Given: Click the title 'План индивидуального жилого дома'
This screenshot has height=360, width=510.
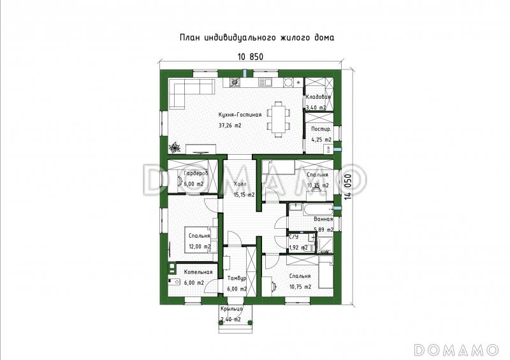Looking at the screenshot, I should [257, 38].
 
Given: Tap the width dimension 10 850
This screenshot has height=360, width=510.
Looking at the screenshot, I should [250, 56].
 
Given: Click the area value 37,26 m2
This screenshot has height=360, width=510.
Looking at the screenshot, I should [229, 126].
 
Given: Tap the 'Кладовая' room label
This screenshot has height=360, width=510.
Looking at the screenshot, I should [317, 97].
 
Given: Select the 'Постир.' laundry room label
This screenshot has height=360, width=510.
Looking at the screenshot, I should [320, 129].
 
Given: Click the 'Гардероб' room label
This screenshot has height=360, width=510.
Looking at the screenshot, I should [193, 173].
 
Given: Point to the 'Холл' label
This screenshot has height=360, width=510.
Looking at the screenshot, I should [240, 184].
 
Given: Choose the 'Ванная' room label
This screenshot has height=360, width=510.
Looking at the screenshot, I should [323, 219].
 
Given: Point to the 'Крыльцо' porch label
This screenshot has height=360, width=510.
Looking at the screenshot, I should [231, 309].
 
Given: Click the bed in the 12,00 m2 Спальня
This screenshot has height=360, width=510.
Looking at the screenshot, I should [198, 238].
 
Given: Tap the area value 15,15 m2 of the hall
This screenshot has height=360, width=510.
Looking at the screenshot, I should [244, 194].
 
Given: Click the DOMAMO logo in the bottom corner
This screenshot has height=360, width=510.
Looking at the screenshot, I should [456, 349].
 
